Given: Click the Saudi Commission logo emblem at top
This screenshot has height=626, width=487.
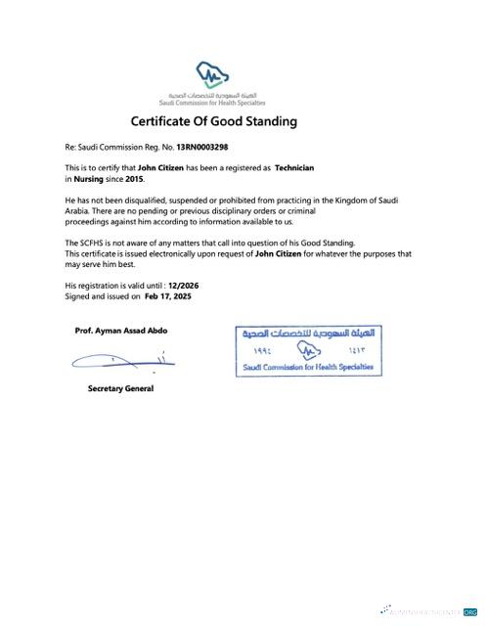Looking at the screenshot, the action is [214, 74].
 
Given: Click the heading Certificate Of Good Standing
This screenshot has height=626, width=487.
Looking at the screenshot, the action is [213, 122].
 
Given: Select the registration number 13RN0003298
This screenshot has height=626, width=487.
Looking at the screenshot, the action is [201, 148].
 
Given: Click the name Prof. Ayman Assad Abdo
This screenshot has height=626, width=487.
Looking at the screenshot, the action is [120, 331].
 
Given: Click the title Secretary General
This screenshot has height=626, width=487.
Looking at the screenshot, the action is [120, 388].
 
